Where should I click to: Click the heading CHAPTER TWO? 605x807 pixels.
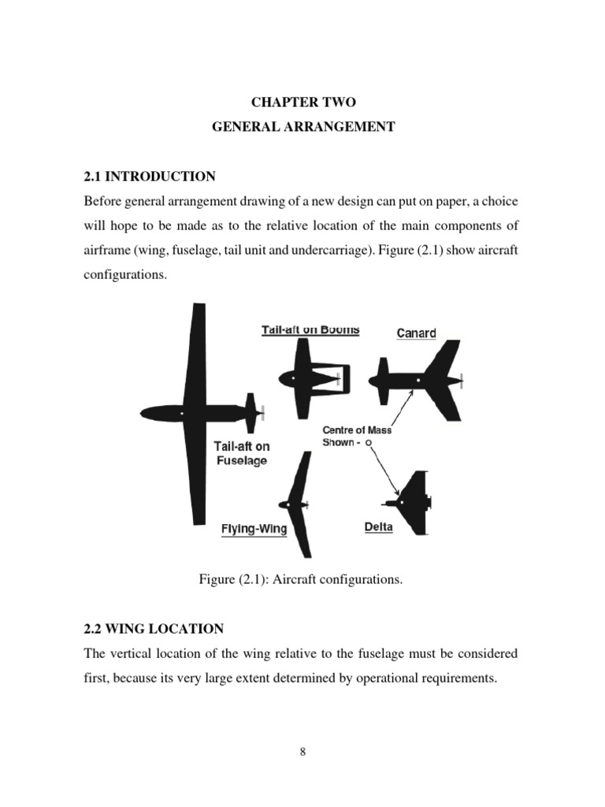pyautogui.click(x=302, y=102)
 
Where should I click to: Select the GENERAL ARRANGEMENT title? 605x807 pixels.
pyautogui.click(x=302, y=126)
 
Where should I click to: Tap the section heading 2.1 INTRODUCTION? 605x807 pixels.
pyautogui.click(x=150, y=176)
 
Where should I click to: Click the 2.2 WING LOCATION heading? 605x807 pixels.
pyautogui.click(x=154, y=628)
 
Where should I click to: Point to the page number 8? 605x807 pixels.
pyautogui.click(x=302, y=751)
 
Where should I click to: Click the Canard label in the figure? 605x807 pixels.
pyautogui.click(x=416, y=333)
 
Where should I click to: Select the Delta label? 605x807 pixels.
pyautogui.click(x=378, y=526)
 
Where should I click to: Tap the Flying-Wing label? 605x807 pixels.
pyautogui.click(x=254, y=530)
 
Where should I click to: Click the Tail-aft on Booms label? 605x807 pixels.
pyautogui.click(x=310, y=330)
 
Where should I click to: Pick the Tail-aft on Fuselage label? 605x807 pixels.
pyautogui.click(x=242, y=453)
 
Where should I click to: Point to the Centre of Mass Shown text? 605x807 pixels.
pyautogui.click(x=356, y=437)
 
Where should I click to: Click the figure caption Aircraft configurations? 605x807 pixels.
pyautogui.click(x=302, y=579)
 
